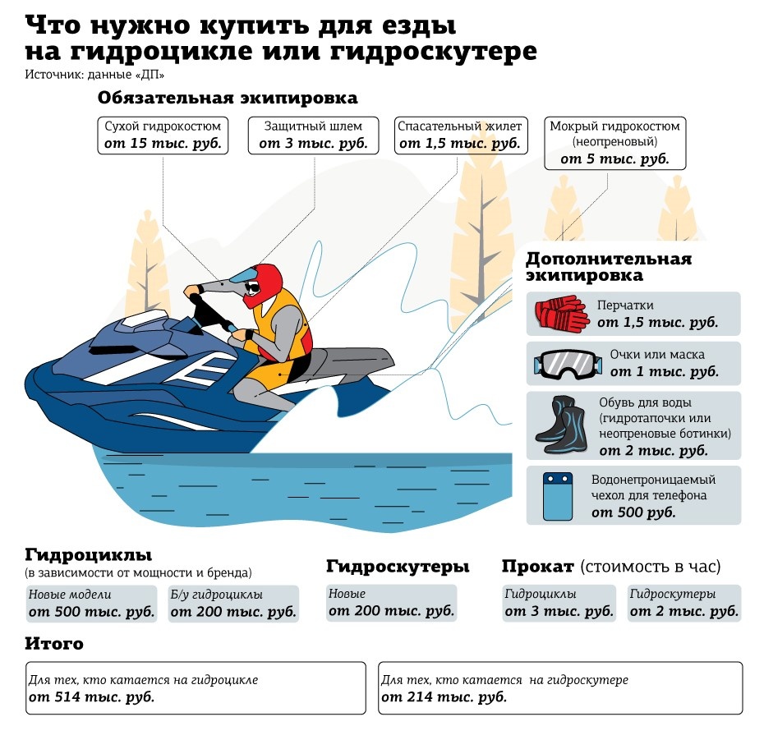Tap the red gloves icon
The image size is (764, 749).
[561, 314]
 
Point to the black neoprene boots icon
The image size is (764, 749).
[562, 425]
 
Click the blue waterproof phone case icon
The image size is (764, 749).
[558, 496]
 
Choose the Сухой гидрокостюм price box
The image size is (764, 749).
[163, 136]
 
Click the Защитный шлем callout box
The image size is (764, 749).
[313, 136]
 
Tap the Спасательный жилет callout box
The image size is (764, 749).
[460, 136]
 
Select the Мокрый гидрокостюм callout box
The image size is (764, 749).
[615, 143]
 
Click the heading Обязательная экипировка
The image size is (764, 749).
[228, 98]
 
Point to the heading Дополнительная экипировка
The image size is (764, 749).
[609, 267]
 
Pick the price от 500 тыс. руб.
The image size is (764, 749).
[92, 612]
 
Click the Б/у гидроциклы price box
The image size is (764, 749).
[233, 604]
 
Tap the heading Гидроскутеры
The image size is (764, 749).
[398, 567]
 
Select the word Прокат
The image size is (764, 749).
[538, 567]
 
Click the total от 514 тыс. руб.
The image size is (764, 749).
[92, 697]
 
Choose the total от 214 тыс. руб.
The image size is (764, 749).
[444, 697]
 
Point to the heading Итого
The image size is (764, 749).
[54, 644]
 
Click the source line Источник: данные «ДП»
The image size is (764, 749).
[94, 75]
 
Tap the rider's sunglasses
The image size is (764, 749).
[252, 287]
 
